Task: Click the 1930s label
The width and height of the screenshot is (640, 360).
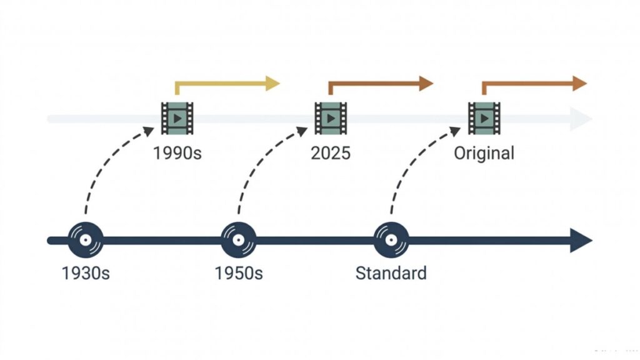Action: (86, 273)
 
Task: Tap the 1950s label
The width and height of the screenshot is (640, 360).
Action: (239, 273)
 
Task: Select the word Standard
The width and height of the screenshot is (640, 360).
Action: (391, 273)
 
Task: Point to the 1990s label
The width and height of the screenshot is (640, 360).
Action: (177, 154)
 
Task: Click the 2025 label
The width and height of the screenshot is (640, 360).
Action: (331, 154)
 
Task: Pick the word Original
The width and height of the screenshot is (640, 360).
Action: (484, 154)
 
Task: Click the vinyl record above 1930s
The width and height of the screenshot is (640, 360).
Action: (86, 240)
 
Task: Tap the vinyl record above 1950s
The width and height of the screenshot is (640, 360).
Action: (239, 240)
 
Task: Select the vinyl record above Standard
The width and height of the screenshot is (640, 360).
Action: (391, 240)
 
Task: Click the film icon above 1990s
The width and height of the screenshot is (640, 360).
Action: (177, 118)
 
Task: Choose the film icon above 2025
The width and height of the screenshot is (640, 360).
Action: (331, 118)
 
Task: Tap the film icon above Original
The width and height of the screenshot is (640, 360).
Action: (484, 118)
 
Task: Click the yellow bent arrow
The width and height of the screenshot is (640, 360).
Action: (221, 84)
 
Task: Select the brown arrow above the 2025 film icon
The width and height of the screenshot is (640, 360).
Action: (374, 84)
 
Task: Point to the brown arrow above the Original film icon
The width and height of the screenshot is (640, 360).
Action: (527, 84)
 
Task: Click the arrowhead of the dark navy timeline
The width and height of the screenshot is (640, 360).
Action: (581, 241)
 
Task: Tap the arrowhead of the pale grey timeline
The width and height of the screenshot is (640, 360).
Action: (581, 119)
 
